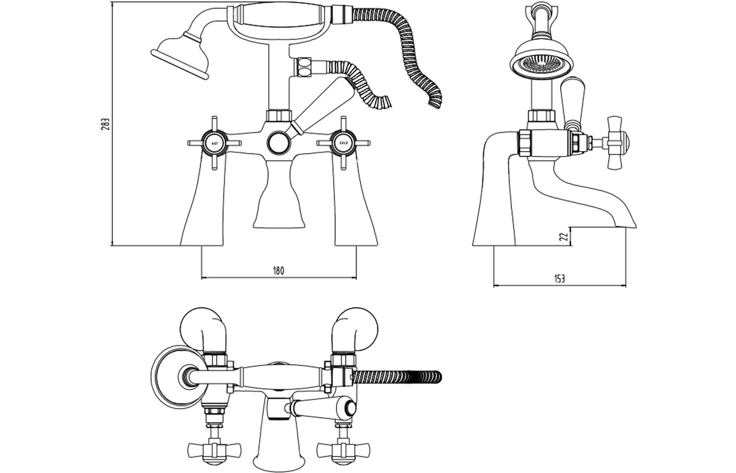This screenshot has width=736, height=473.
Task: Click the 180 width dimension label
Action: (278, 270)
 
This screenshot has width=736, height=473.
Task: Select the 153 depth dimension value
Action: (559, 278)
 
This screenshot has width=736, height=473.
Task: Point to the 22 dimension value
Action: (562, 236)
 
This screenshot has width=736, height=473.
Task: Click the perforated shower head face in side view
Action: (538, 62)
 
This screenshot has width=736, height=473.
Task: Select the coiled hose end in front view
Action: (435, 96)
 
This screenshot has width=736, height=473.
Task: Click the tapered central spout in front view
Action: (278, 198)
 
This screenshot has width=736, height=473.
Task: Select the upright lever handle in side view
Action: (571, 99)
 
